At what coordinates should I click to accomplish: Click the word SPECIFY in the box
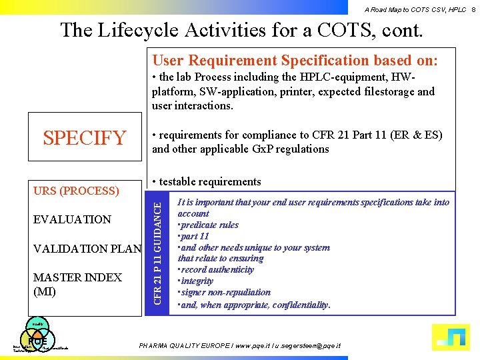84,138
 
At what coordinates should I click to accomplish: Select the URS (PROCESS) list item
76,191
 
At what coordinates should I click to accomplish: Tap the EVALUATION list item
72,219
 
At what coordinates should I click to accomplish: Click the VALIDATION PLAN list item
87,249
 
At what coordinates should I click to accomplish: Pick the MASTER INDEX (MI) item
77,284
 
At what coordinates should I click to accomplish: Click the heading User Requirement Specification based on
295,61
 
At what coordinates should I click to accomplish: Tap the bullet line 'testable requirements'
207,181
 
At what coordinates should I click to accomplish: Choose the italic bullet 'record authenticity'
217,269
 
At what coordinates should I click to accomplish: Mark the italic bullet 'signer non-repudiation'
225,292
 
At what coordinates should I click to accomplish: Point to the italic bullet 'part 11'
195,236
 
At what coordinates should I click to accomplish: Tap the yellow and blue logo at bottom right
451,337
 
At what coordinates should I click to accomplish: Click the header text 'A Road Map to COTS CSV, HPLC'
415,9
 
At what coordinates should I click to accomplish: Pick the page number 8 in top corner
473,9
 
